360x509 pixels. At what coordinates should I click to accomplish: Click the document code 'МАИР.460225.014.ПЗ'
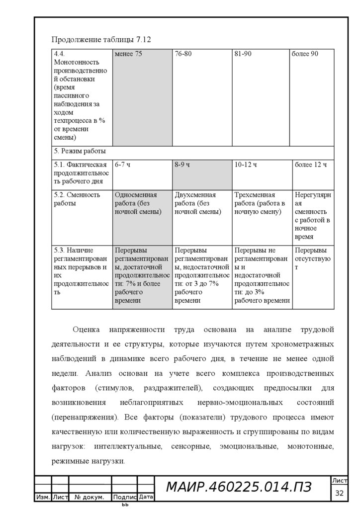pos(239,488)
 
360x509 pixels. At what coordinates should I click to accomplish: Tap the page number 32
pos(340,493)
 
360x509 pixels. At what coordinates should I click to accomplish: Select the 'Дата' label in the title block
pos(146,497)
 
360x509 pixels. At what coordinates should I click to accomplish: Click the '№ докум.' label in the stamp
pos(89,497)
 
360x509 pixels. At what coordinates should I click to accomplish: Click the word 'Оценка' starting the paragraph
pos(87,330)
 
